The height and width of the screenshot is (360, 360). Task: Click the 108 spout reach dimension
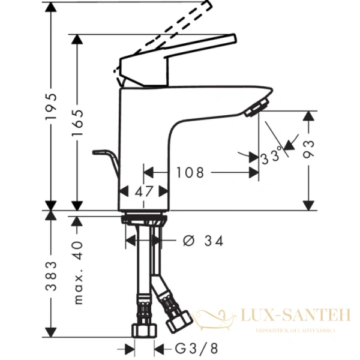coord(190,173)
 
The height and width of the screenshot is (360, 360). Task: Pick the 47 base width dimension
coord(143,192)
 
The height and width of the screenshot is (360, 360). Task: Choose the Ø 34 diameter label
coord(203,241)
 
